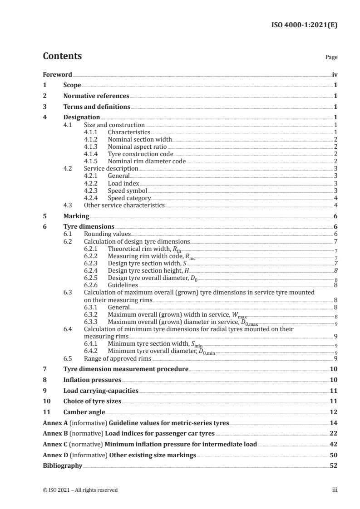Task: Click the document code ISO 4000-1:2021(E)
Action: [304, 25]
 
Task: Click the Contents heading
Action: [62, 56]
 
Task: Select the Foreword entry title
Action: [57, 74]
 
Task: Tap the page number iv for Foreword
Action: [334, 74]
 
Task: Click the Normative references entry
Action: [96, 96]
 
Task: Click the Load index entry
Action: [123, 183]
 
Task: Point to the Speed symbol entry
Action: [127, 191]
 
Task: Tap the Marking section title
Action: [76, 216]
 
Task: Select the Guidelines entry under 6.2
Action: [123, 285]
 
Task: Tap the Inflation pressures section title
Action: [93, 380]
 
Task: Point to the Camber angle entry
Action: [84, 412]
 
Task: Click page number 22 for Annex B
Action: [334, 433]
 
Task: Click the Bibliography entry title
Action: [62, 465]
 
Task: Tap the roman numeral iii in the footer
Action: [335, 490]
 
